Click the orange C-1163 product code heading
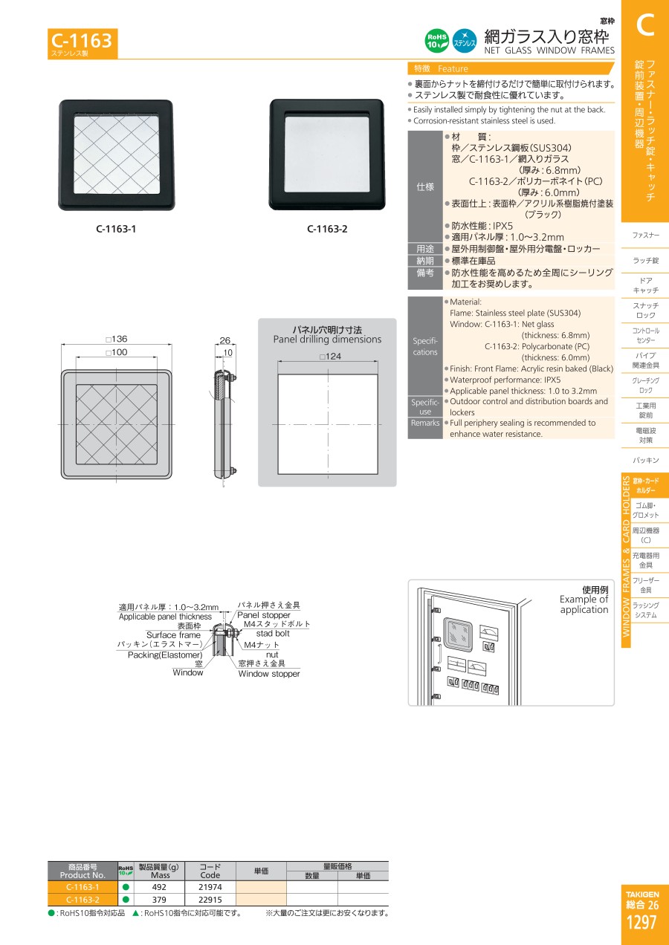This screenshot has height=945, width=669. coord(82,41)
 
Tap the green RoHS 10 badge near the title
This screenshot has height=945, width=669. coord(436,41)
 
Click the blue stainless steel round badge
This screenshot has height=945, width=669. coord(465,41)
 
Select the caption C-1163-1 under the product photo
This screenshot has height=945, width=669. coord(116,229)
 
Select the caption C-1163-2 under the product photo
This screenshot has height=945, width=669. coord(327,229)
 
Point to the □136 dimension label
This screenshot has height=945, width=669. coord(117,339)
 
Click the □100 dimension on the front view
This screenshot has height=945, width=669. coord(117,352)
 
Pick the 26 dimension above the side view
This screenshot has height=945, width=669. coord(225,340)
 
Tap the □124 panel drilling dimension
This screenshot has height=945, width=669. coord(330,357)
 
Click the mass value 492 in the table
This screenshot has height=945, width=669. coord(159,887)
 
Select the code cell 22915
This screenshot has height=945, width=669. coord(210,900)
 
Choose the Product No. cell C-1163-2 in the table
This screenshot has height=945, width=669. coord(83,900)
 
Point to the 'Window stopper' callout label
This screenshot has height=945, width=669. coord(269,674)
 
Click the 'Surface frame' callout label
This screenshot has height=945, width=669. coord(173,635)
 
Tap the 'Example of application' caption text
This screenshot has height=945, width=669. coord(584,604)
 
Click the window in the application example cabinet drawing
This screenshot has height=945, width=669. coord(458,634)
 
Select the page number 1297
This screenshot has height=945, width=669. coord(641,923)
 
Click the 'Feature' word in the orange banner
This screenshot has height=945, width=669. coord(453,68)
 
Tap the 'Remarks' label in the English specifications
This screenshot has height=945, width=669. coord(425,423)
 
